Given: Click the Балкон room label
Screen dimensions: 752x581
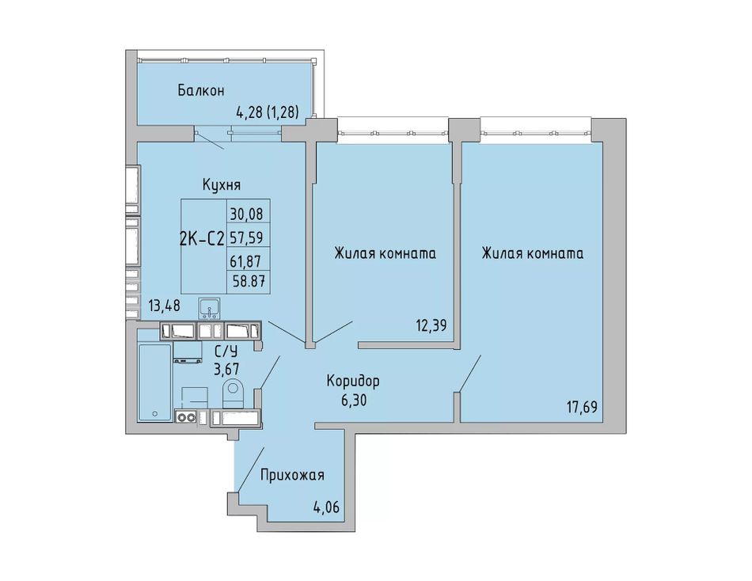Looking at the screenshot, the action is coord(200,90).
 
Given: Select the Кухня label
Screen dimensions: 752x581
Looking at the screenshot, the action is coord(222,184).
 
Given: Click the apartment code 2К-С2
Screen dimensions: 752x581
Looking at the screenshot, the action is coord(202,238).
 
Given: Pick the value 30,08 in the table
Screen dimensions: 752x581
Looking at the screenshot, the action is coord(246,214).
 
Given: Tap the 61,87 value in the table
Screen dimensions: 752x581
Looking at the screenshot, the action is coord(246,260).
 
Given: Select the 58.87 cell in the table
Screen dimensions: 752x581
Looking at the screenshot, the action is coord(249,281).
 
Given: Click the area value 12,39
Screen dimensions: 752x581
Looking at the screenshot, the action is coord(431,326).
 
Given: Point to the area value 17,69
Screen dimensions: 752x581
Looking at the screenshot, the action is coord(581,408).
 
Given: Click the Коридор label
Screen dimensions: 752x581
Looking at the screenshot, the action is coord(353,381).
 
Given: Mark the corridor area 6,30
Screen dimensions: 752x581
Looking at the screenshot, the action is coord(354,400).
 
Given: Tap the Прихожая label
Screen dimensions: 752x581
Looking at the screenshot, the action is coord(292,475).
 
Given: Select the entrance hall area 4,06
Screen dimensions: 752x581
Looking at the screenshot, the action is coord(326,507).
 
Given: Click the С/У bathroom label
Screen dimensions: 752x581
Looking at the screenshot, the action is coord(226,351).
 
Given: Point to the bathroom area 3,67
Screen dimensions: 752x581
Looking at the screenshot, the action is coord(226,369).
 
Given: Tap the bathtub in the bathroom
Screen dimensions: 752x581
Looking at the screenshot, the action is coord(154,382).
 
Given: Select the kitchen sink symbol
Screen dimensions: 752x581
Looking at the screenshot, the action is coord(209,308).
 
